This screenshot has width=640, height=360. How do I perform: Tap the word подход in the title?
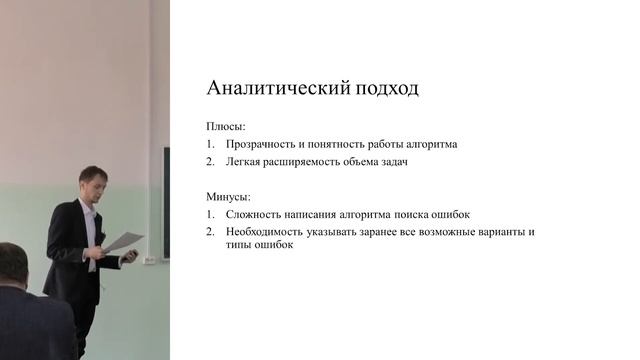[380, 88]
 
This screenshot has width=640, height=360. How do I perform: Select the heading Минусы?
[229, 197]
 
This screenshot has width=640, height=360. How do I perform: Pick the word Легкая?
[246, 162]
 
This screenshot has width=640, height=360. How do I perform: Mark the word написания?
[321, 215]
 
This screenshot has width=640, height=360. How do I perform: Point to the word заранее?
[385, 232]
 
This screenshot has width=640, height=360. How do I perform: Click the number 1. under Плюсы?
[211, 144]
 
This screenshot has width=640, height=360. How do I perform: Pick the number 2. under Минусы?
[211, 232]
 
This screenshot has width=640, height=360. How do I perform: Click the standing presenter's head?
[92, 182]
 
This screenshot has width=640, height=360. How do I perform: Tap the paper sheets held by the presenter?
[124, 241]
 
